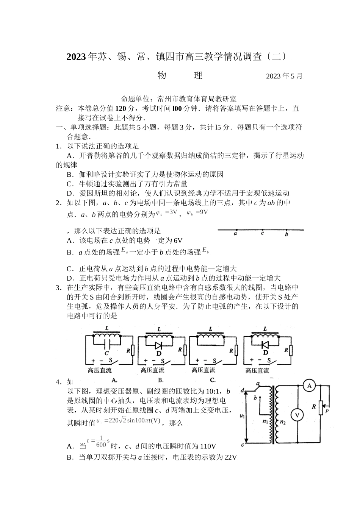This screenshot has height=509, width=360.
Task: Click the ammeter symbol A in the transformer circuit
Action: [309, 386]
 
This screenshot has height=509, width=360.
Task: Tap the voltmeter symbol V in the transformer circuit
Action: [297, 415]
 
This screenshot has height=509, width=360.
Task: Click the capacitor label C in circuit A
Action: [106, 353]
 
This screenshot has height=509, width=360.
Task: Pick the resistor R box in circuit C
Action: [236, 351]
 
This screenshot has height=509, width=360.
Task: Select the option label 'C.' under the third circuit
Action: [213, 380]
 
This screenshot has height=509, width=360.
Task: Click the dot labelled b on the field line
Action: [286, 230]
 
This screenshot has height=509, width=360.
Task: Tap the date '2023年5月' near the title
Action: [284, 76]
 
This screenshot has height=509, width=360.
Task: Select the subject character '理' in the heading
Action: [198, 75]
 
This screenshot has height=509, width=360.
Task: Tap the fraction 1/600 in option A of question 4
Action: [101, 442]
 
